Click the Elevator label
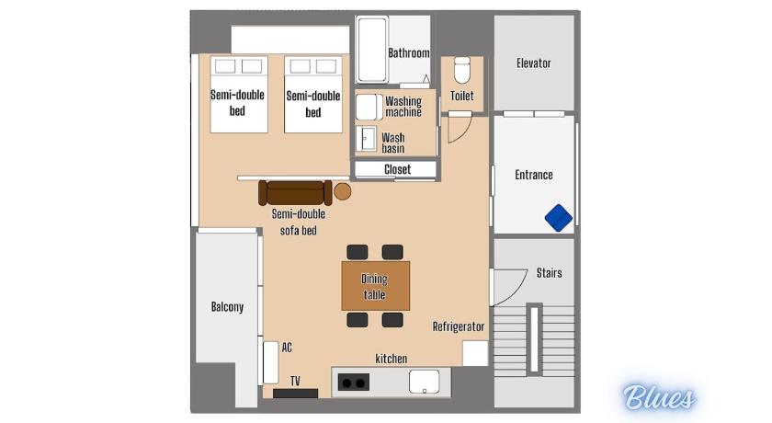coord(534,63)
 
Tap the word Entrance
coord(534,175)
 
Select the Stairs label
coord(549,273)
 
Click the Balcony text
coord(227,307)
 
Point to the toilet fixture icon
coord(461,70)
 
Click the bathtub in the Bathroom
coord(372,50)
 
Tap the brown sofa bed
coord(295,192)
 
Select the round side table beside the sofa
coord(342,191)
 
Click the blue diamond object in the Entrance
coord(559,218)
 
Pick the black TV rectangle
coord(295,393)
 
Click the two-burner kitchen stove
coord(354,383)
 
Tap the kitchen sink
coord(424,382)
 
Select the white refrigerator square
coord(474,353)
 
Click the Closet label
coord(397,169)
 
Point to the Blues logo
coord(659,397)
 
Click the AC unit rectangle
coord(270,362)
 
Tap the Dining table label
coord(374,287)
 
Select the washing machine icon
coord(369,107)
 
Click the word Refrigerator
coord(459,326)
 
